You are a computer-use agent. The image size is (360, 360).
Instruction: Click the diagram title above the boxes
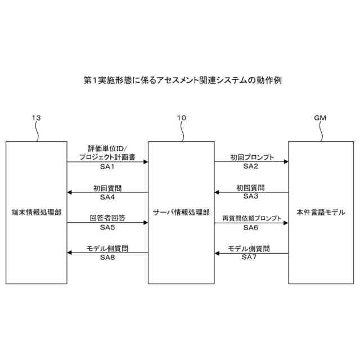click(179, 80)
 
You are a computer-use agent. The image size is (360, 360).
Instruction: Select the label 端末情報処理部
click(37, 213)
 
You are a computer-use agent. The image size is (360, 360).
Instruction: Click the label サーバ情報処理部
click(181, 213)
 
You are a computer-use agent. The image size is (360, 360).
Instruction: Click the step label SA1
click(107, 167)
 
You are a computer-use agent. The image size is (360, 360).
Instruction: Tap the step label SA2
click(251, 166)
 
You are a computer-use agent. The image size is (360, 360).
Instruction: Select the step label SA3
click(251, 196)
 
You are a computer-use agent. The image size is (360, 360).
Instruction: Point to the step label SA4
click(107, 197)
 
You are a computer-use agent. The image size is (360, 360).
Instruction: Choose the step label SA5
click(107, 227)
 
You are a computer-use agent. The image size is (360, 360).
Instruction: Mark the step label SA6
click(251, 227)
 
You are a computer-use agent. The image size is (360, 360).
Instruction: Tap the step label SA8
click(107, 257)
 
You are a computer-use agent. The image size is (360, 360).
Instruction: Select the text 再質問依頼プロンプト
click(251, 218)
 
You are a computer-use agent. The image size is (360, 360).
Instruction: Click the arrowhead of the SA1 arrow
click(145, 161)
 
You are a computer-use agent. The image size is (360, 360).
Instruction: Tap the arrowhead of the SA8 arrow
click(70, 253)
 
